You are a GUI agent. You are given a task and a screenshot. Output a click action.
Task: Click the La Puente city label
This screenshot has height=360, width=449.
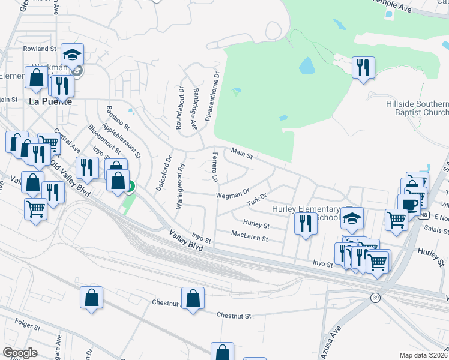[50, 101]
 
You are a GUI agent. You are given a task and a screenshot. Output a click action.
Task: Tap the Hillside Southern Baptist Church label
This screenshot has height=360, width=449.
[417, 109]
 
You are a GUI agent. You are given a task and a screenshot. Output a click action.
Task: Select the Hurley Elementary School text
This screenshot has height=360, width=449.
[306, 213]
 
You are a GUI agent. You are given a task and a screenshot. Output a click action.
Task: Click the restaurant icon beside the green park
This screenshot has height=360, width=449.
[363, 67]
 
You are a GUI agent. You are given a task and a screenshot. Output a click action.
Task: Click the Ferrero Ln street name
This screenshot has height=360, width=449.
[214, 167]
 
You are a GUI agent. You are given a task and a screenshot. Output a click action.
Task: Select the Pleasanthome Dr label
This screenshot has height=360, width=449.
[209, 97]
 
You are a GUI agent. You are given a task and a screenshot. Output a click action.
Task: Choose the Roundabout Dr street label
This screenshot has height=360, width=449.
[179, 108]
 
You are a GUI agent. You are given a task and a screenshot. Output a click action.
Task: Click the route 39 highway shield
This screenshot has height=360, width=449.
[375, 297]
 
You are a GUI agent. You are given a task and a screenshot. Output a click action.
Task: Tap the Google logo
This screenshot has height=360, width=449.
[20, 353]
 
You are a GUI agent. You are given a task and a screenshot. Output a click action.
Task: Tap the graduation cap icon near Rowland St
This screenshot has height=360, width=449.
[72, 55]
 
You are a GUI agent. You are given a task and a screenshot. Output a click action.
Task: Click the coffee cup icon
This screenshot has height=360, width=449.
[409, 205]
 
